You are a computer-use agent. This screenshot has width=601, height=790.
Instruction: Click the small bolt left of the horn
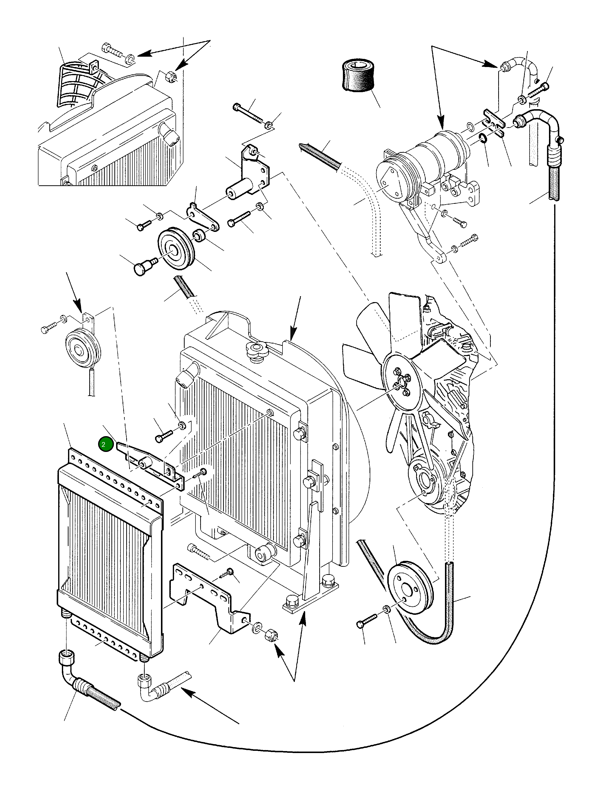click(49, 327)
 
